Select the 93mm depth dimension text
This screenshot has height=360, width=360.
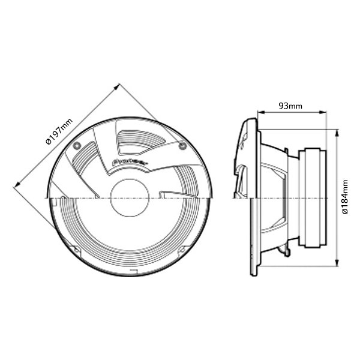point(290,106)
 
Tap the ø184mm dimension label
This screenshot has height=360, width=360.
point(347,195)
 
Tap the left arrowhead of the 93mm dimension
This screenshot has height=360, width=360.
point(259,112)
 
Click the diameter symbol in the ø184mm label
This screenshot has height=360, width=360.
point(346,211)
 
